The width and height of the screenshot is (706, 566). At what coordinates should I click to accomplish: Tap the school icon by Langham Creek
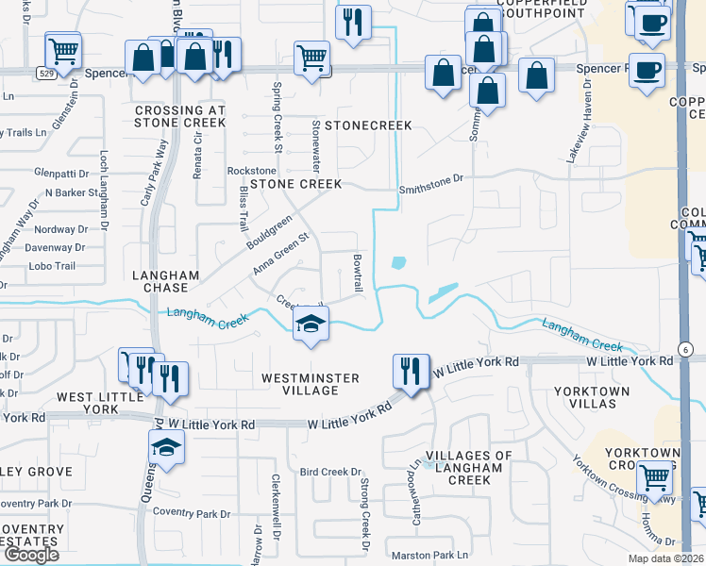coord(308,324)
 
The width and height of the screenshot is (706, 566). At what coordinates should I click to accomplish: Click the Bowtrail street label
coord(358,272)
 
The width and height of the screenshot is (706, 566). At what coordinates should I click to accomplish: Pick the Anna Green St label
coord(281,255)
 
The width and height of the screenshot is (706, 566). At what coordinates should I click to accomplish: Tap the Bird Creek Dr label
coord(330,472)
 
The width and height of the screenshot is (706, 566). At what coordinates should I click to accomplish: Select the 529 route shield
coord(46,72)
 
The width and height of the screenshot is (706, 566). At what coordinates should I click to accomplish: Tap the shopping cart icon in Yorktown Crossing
coord(654,476)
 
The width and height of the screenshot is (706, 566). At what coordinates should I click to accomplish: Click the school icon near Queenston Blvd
coord(166,447)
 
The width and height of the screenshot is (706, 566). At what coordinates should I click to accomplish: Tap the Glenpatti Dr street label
coord(60,174)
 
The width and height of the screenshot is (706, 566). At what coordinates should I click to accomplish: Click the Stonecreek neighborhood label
coord(355,125)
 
